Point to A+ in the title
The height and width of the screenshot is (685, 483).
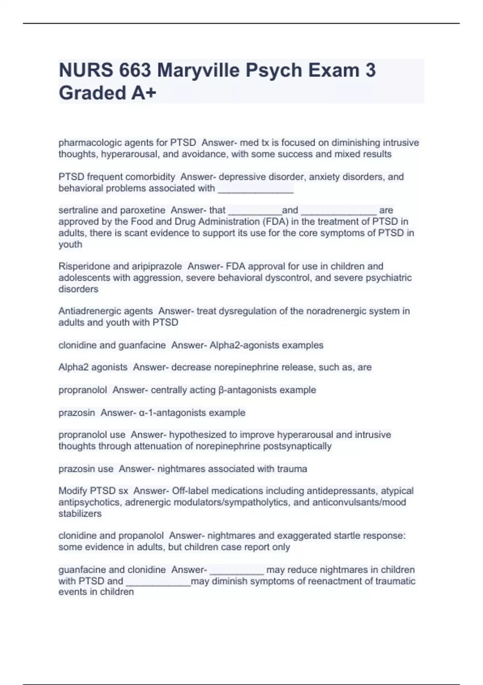143,93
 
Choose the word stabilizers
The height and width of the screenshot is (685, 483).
80,514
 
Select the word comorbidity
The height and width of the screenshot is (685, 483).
150,177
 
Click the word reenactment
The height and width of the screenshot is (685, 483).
339,581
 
